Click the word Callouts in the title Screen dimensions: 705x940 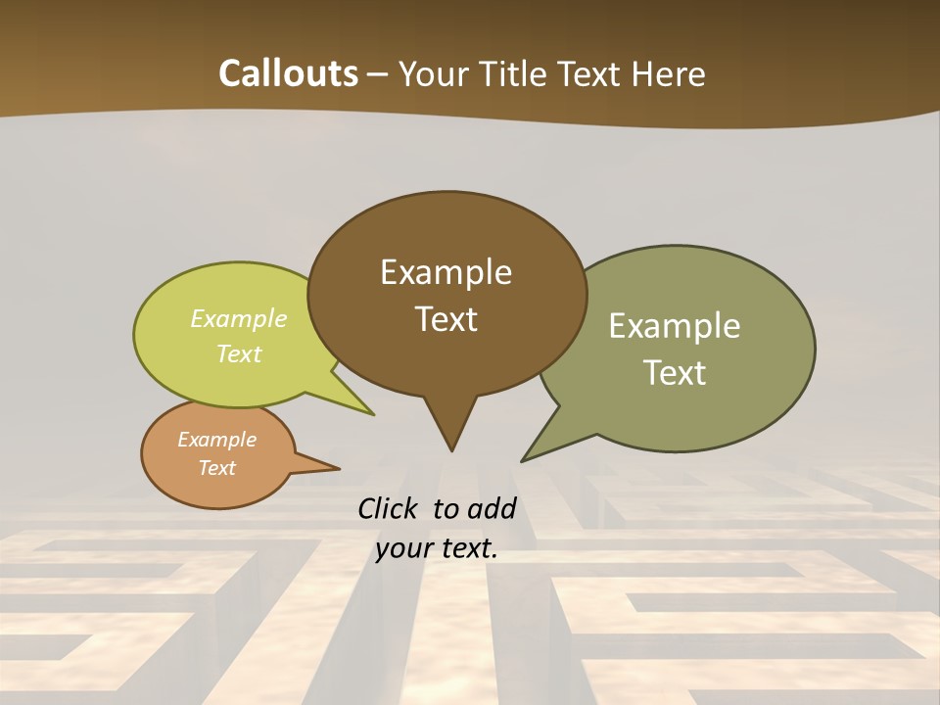[x=288, y=73]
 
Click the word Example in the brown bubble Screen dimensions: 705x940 [x=446, y=272]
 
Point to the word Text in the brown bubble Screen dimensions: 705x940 [x=446, y=319]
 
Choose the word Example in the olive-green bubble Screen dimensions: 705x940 [x=675, y=326]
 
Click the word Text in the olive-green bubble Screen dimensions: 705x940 [x=675, y=373]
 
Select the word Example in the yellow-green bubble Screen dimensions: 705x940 [x=239, y=318]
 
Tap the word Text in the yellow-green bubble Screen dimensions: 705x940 [x=239, y=353]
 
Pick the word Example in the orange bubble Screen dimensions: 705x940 [x=216, y=440]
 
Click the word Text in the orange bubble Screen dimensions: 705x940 [x=216, y=468]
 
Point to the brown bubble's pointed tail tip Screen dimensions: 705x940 [x=451, y=450]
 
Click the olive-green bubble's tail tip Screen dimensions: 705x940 [x=522, y=460]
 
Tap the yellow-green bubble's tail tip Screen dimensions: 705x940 [x=373, y=414]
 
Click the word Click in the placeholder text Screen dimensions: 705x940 [x=389, y=508]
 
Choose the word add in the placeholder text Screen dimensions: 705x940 [x=492, y=508]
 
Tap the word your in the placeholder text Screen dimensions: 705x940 [x=400, y=549]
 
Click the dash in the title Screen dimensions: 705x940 [x=379, y=74]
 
